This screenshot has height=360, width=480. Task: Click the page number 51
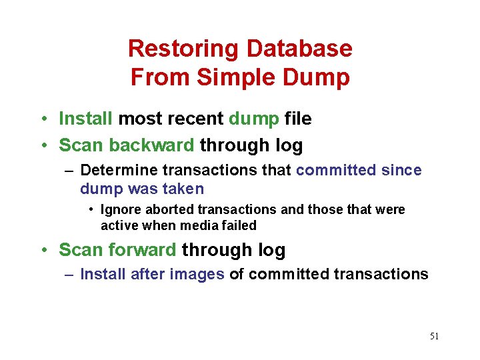(434, 336)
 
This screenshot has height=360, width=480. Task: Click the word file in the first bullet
(297, 119)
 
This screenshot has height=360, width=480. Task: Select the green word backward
(151, 145)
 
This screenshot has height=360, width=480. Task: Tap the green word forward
(145, 250)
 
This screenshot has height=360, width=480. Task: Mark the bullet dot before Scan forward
(42, 251)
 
